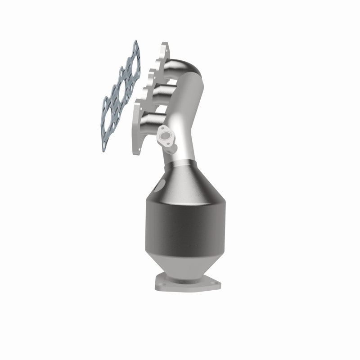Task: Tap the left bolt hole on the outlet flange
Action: pyautogui.click(x=158, y=283)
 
